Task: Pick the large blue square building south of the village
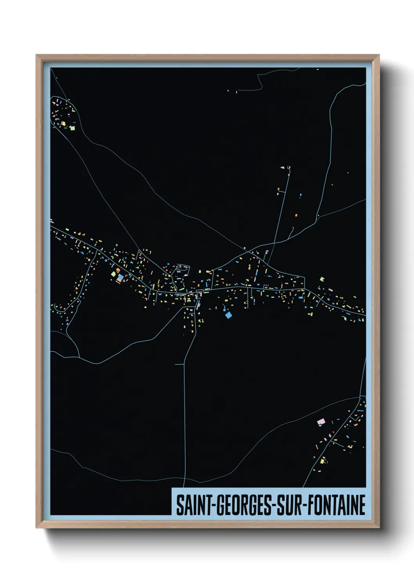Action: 229,315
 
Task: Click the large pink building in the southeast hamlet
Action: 321,422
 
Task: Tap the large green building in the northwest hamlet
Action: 72,128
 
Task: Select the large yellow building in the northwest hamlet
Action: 63,124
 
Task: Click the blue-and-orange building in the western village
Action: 121,277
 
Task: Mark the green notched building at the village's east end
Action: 322,279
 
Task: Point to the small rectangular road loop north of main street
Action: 183,269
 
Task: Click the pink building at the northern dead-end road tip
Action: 282,168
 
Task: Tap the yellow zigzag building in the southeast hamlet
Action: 351,446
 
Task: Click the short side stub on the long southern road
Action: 179,364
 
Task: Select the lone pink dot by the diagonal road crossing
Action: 245,248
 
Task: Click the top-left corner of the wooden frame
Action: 36,56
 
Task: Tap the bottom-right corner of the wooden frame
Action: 379,527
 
